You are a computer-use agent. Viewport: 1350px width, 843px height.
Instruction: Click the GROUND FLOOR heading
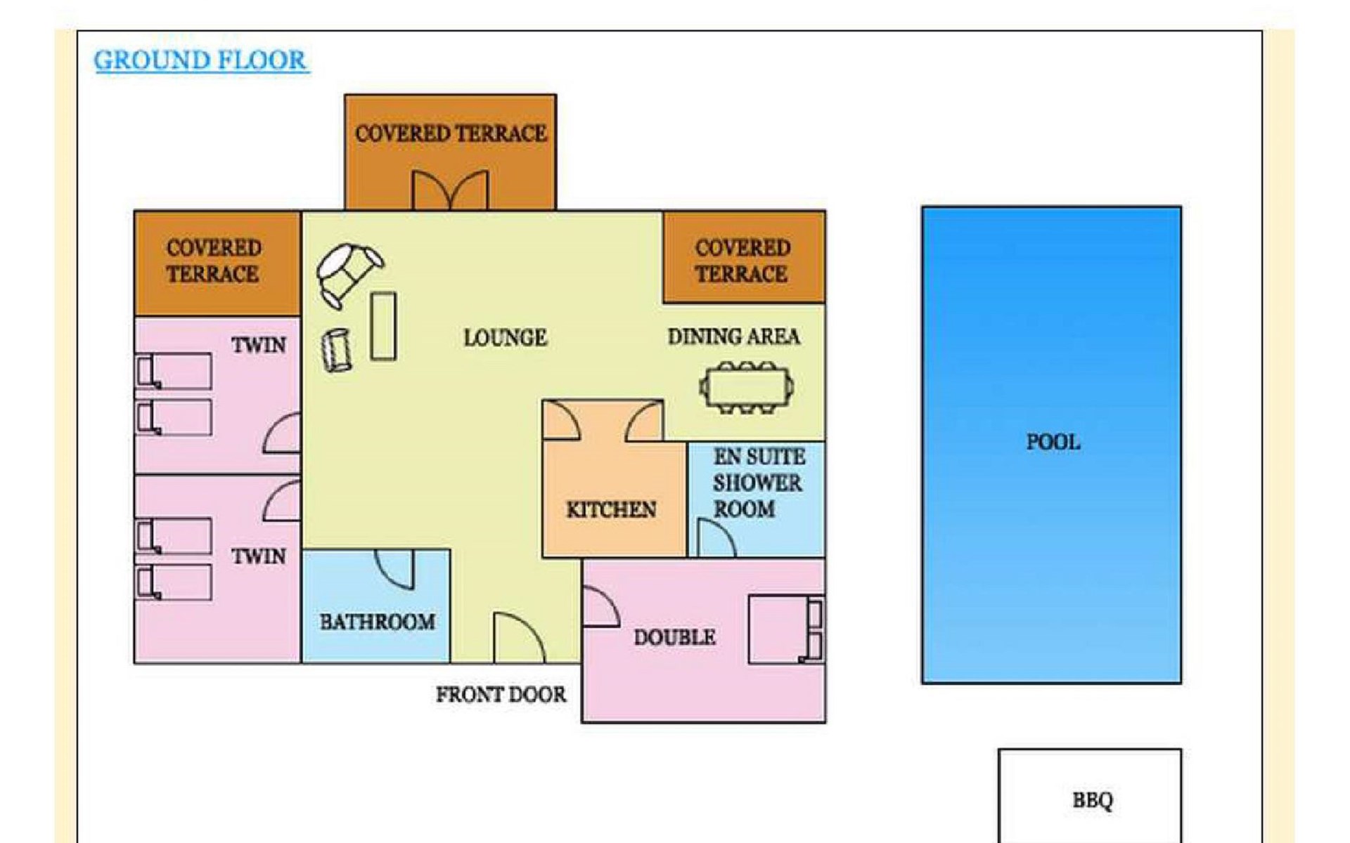point(201,60)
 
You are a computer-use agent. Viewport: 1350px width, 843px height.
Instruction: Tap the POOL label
point(1053,442)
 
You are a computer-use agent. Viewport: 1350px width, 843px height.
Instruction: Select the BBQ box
point(1090,796)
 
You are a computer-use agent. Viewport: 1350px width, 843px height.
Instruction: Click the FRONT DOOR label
point(501,695)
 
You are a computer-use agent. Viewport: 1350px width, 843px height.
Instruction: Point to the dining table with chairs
point(747,387)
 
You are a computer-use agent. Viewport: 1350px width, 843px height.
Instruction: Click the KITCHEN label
point(611,509)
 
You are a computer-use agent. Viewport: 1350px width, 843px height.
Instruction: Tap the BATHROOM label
point(377,622)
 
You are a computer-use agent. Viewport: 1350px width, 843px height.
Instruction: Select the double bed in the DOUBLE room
point(786,629)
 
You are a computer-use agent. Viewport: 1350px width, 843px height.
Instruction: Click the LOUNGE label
point(505,338)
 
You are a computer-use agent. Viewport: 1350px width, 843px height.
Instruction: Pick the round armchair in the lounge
point(349,273)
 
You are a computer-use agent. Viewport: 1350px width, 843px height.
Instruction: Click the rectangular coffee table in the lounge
point(383,326)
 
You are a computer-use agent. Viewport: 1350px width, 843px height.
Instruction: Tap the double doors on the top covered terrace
point(450,190)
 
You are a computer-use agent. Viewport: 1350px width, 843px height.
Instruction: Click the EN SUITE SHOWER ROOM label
point(758,483)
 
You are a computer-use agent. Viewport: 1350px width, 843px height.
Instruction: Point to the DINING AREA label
point(733,336)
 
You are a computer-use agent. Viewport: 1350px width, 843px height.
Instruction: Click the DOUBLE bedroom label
point(674,637)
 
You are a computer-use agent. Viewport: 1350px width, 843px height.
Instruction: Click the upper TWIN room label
point(259,345)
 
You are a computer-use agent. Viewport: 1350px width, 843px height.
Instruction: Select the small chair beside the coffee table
point(337,350)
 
